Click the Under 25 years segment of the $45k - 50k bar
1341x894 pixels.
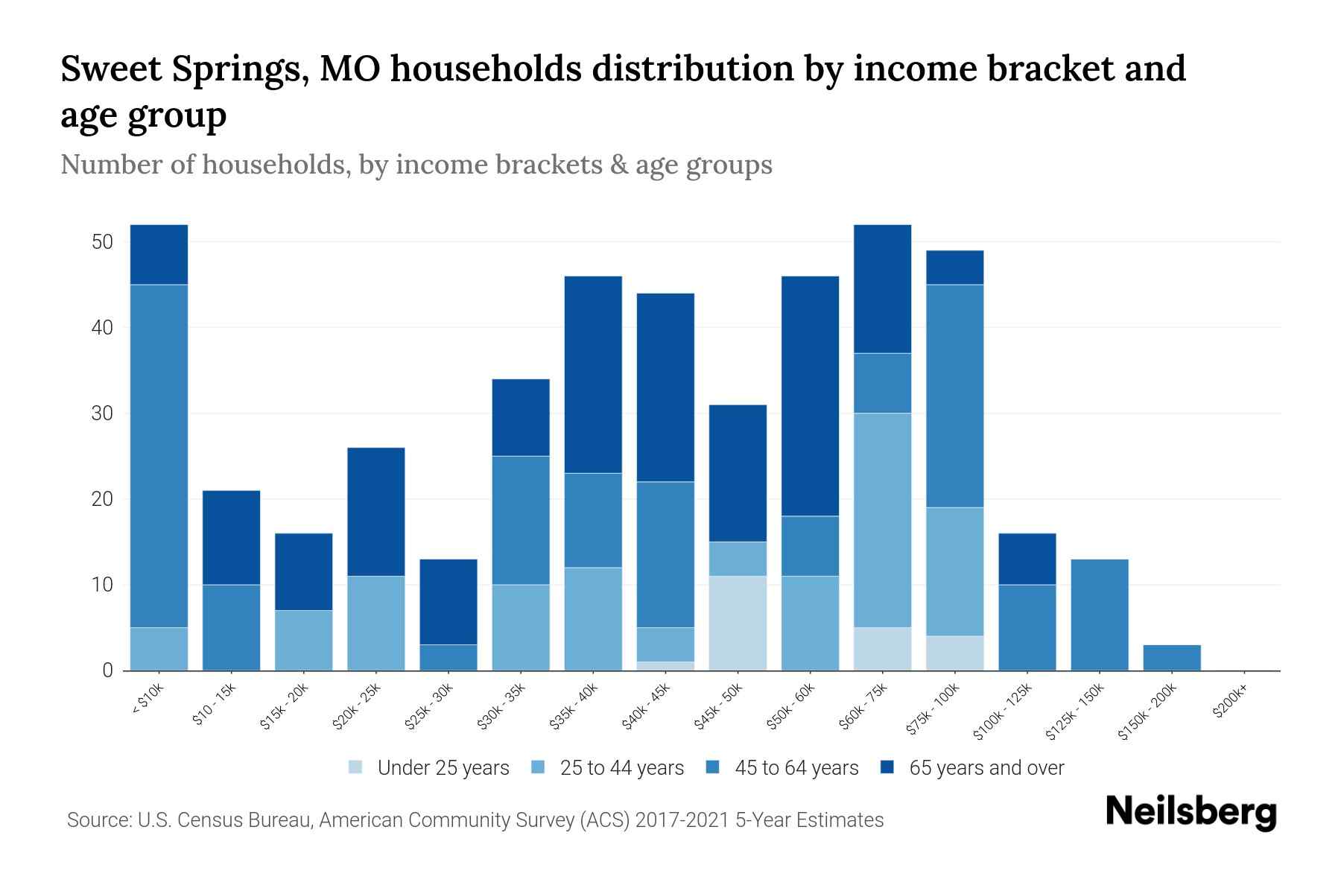(x=738, y=623)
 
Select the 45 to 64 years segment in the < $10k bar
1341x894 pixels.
(x=159, y=456)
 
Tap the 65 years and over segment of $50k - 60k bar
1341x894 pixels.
(x=810, y=396)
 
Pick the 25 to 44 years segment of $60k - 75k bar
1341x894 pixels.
(x=882, y=520)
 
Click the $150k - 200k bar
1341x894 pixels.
(x=1172, y=657)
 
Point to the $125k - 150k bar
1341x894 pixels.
(x=1100, y=615)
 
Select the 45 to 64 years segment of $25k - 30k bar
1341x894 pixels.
(x=448, y=657)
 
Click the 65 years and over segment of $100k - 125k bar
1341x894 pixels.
(x=1027, y=559)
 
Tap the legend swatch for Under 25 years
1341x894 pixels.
(x=356, y=767)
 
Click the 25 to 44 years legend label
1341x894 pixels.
(x=621, y=768)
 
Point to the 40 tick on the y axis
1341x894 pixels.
(x=102, y=328)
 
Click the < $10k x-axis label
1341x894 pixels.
(x=147, y=700)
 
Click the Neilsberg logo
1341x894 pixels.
(x=1191, y=812)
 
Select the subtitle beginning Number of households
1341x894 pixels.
(x=416, y=165)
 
